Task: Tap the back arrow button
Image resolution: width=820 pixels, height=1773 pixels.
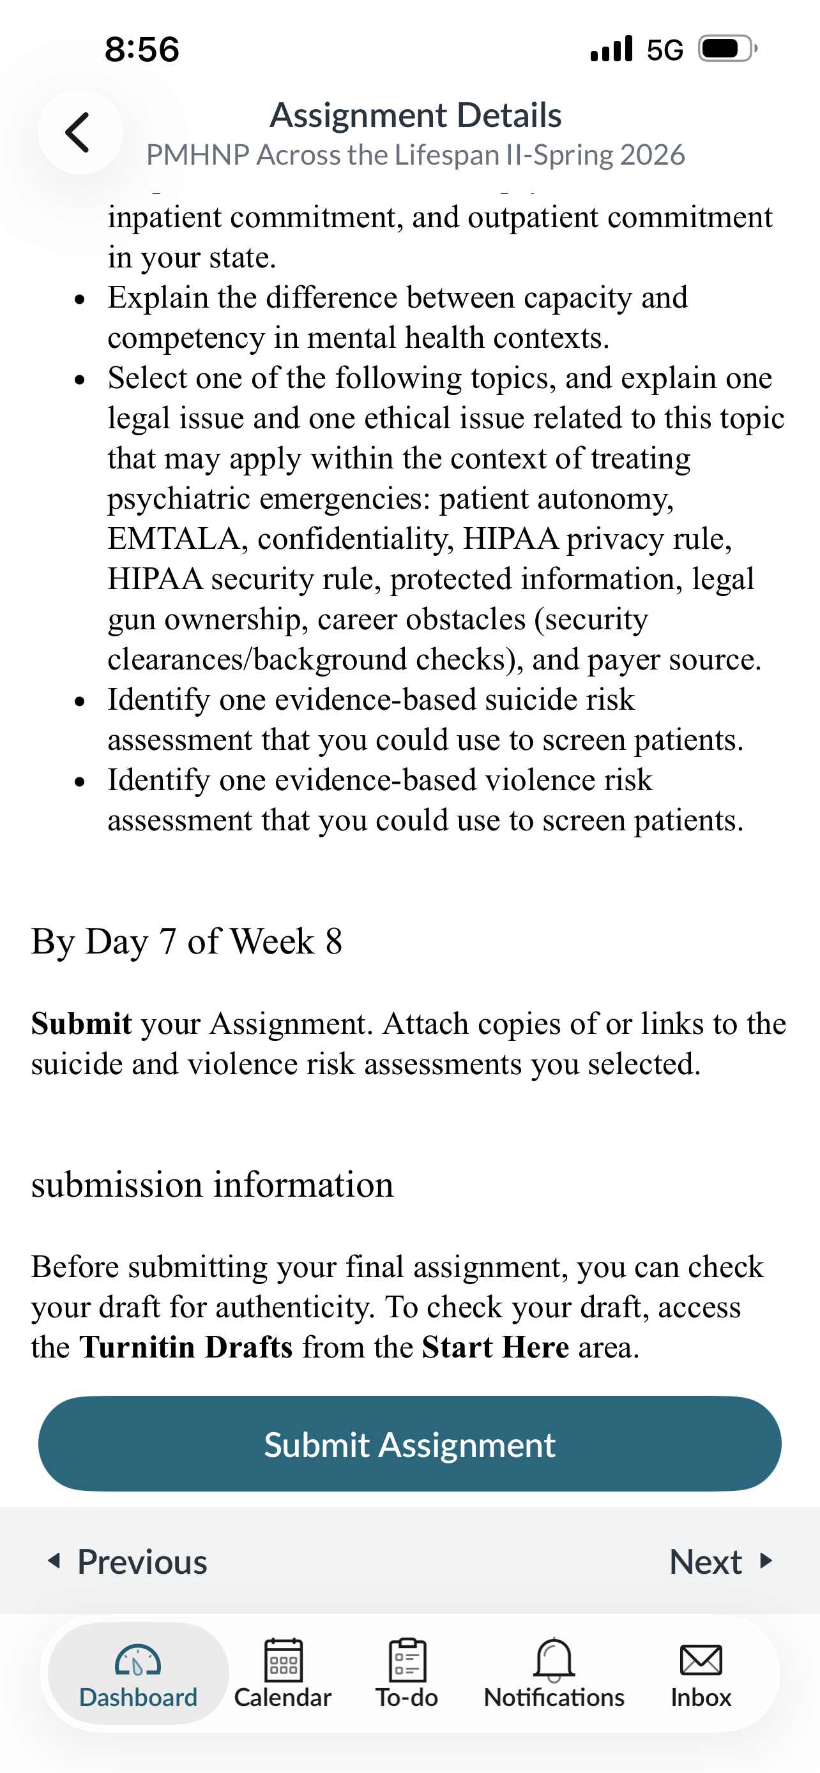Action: pos(79,132)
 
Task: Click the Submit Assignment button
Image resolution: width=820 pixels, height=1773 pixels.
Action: pos(409,1444)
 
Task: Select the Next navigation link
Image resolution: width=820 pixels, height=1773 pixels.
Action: pos(720,1562)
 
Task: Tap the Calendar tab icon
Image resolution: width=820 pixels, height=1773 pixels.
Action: pos(283,1660)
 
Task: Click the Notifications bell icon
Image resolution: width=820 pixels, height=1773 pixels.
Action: pos(554,1659)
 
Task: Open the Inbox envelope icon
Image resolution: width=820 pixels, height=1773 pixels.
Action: pos(700,1660)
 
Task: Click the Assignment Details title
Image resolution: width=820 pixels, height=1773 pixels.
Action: pos(415,115)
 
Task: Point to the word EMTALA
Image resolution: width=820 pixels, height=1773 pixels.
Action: pos(174,539)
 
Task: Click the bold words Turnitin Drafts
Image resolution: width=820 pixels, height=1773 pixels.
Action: pos(186,1347)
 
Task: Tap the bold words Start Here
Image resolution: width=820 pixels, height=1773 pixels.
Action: pos(495,1347)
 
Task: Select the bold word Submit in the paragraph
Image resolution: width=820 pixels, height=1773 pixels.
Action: pos(81,1024)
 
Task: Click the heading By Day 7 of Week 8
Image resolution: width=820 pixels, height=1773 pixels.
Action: pos(186,941)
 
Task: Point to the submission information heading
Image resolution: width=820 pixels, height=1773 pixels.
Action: pos(212,1185)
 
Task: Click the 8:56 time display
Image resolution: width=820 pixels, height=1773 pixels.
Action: pos(142,50)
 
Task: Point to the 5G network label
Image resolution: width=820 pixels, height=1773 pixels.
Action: pos(664,50)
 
